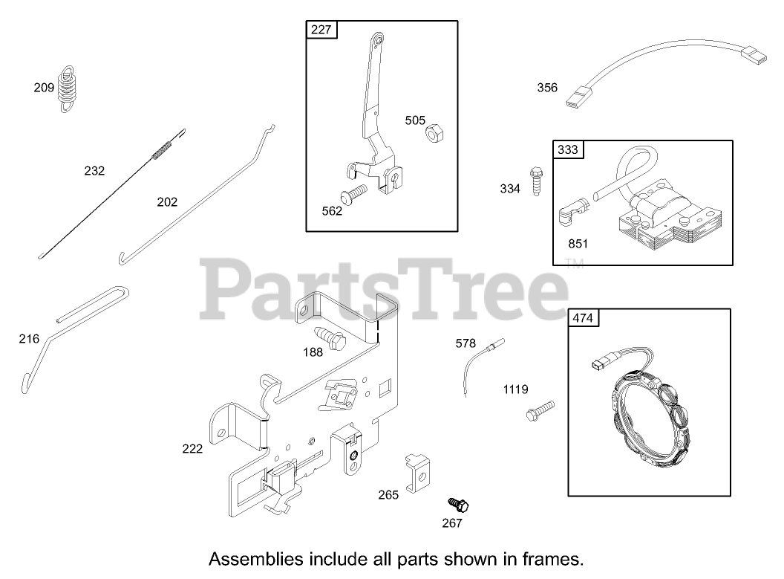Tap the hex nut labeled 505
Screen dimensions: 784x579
(434, 133)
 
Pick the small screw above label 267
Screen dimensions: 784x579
(459, 505)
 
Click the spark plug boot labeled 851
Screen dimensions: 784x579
(569, 215)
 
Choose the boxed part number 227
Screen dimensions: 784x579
(321, 30)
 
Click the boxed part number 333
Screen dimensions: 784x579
(568, 149)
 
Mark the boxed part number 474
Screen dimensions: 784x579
(583, 318)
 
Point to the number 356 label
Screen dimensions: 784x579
(547, 88)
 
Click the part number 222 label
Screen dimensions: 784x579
(192, 448)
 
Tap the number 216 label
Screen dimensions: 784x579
(29, 339)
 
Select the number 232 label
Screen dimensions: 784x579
(94, 170)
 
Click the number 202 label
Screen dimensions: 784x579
(167, 201)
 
